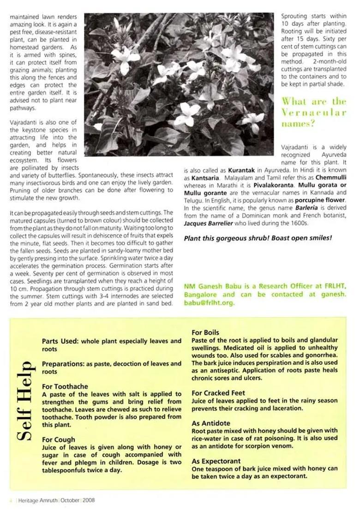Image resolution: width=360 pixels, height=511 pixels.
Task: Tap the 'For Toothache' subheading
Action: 65,386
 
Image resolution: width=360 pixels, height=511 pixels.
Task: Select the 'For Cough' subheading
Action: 58,440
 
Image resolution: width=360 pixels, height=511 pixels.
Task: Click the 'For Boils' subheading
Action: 205,333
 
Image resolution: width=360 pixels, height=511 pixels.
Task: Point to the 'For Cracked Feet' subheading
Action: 218,393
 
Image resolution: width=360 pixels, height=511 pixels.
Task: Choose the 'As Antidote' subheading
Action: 210,423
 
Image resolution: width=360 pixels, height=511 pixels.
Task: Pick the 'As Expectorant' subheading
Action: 216,461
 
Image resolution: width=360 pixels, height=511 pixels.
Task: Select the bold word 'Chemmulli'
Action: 330,178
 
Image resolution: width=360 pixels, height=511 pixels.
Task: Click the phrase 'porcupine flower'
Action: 320,200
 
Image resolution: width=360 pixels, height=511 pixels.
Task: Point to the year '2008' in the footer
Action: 89,500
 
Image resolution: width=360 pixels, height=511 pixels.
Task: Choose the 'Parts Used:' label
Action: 60,341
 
